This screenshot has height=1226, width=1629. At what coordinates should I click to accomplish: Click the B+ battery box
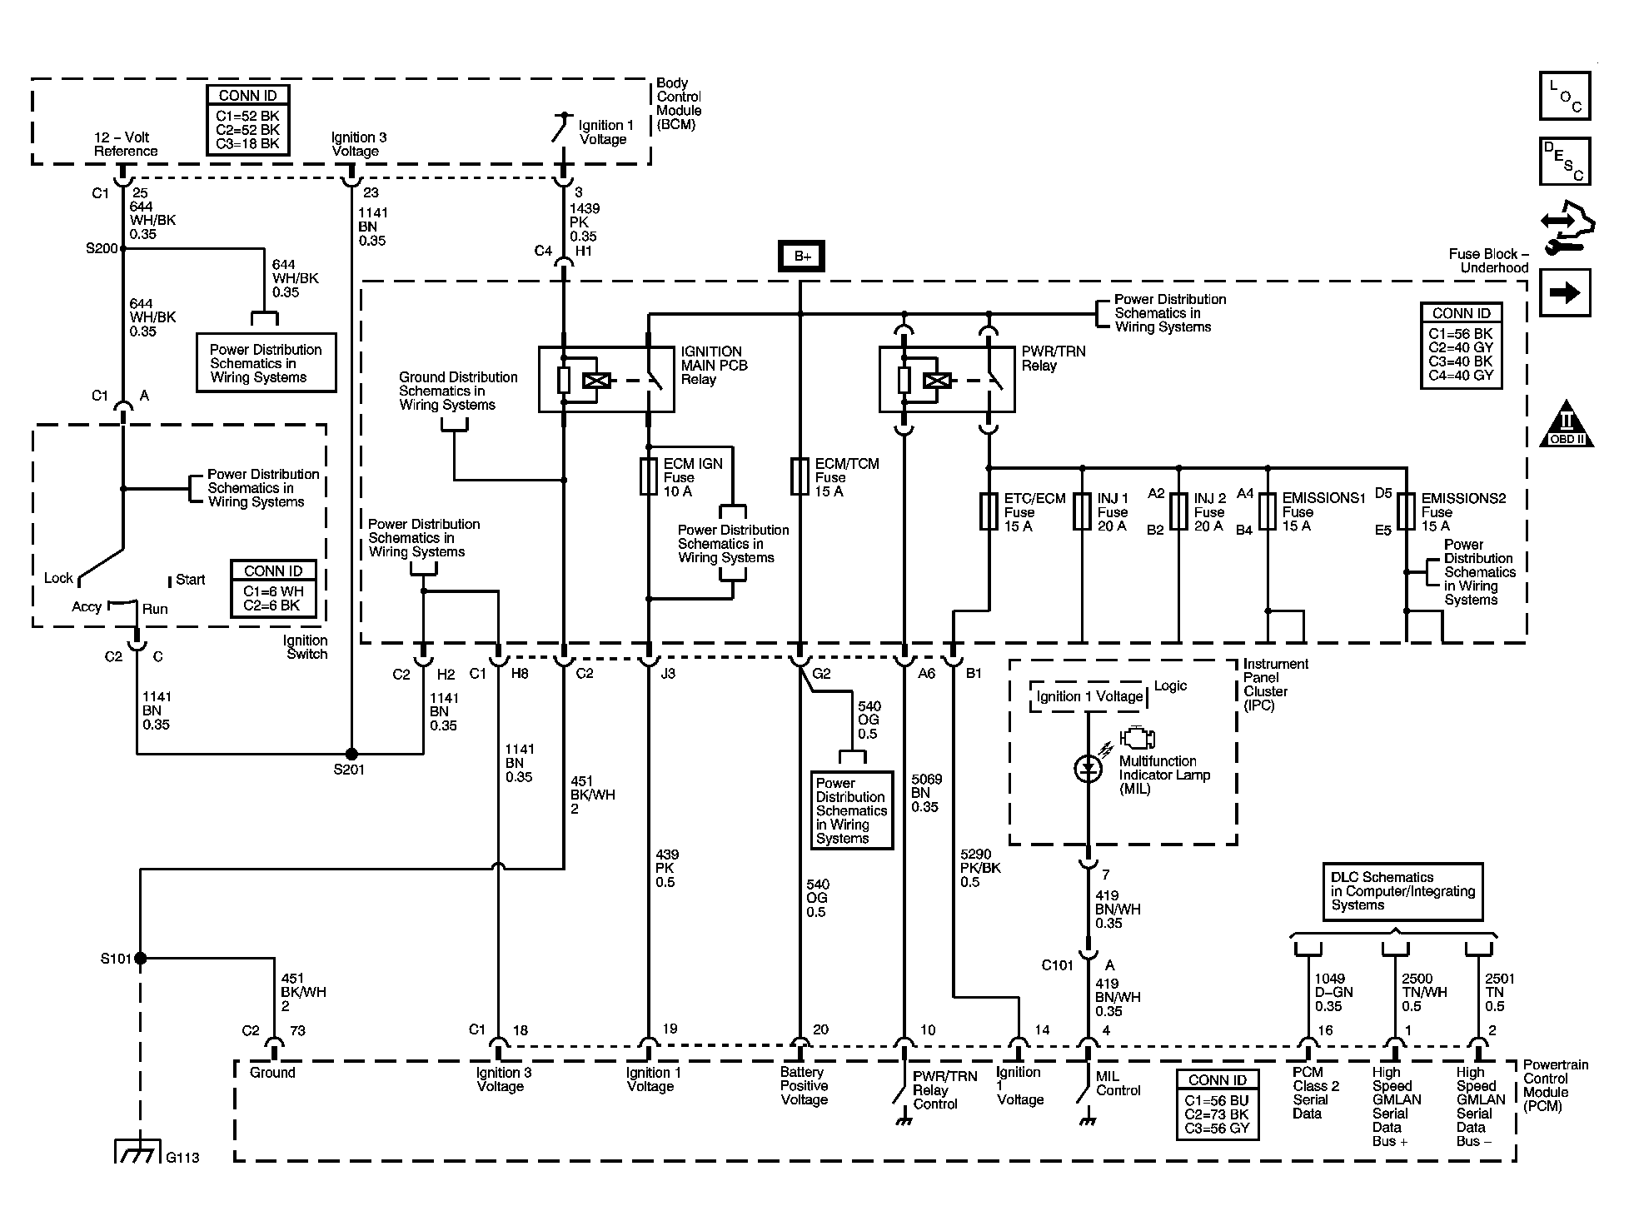801,256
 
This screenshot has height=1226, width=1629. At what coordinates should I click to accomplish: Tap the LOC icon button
1565,97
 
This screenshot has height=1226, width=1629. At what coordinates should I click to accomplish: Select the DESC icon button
1565,162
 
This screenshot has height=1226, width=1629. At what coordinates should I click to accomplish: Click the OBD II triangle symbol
1567,426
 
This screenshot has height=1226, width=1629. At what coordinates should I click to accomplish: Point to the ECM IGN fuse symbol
648,476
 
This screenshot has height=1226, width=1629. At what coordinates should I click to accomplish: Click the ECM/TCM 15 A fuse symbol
800,476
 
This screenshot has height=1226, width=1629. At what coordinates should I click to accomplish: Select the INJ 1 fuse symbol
1082,511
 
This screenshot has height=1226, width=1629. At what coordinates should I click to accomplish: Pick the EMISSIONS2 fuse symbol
1406,511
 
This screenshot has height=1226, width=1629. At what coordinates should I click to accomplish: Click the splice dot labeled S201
351,754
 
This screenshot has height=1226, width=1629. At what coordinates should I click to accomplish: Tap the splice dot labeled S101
140,959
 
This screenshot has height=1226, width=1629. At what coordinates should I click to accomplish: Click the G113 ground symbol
136,1151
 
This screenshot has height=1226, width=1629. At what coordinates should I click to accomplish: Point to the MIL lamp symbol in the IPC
1088,769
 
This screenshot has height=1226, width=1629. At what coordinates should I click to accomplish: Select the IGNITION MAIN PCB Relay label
715,366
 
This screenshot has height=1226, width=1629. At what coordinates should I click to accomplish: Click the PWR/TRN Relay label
1054,359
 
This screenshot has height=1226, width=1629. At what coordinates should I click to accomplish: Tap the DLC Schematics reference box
1402,891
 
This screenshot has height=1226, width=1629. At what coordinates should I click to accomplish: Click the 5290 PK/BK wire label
980,868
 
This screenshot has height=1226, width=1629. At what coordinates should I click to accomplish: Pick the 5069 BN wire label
926,793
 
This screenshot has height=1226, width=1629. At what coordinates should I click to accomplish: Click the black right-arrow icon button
1565,292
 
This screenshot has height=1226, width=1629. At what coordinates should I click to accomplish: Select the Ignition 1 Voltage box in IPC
1089,697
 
